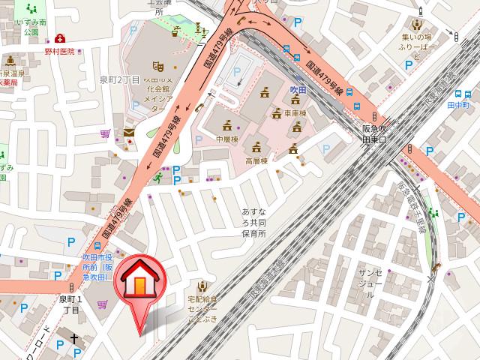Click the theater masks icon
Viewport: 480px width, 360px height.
tap(157, 67)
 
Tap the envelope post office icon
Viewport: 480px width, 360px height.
tap(129, 133)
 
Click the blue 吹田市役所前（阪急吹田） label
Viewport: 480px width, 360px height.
tap(97, 266)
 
